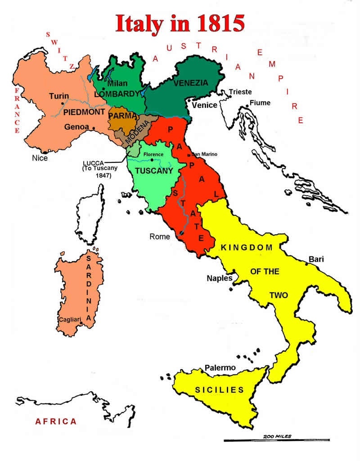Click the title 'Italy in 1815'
tap(180, 23)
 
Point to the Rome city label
tap(160, 237)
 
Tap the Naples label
tap(219, 278)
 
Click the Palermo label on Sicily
tap(220, 368)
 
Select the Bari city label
tap(316, 259)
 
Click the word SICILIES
tap(219, 390)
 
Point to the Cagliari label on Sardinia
tap(70, 320)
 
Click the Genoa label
tap(76, 127)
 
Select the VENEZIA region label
tap(190, 83)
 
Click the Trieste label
tap(240, 92)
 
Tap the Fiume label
tap(260, 103)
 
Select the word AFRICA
tap(56, 421)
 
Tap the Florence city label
tap(153, 155)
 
